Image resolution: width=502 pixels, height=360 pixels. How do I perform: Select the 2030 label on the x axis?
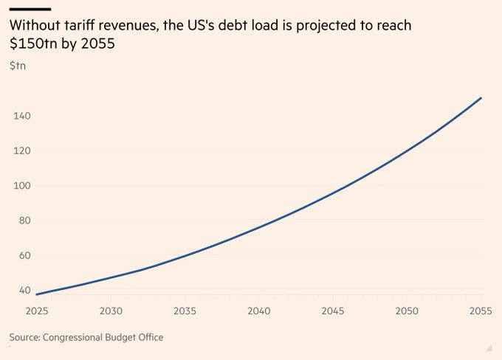click(111, 311)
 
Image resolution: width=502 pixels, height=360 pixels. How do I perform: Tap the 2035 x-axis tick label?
click(185, 311)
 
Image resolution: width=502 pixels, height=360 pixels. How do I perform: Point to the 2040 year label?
click(259, 311)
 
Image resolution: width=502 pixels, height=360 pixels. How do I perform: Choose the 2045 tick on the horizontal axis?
click(333, 311)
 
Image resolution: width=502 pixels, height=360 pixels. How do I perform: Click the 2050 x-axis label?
click(407, 311)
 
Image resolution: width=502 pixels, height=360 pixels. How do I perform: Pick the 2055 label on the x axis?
click(481, 311)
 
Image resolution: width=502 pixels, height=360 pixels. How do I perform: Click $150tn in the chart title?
click(35, 44)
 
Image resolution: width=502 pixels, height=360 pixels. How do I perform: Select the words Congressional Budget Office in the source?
click(103, 337)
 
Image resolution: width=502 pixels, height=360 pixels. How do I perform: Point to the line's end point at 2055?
click(481, 97)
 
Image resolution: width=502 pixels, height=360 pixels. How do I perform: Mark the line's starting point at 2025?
click(36, 294)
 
